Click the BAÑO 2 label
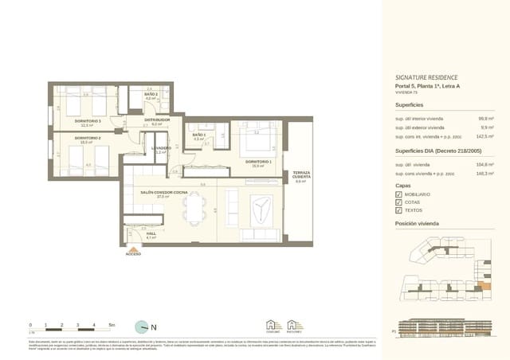pos(151,95)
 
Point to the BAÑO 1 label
pos(198,135)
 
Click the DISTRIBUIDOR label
pos(157,120)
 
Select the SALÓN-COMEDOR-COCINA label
pos(163,192)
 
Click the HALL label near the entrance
pos(151,233)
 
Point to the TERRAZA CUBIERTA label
pos(300,175)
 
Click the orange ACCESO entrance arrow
pos(133,248)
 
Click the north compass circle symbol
pos(141,326)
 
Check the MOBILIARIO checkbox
pos(399,194)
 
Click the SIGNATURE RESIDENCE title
pos(426,77)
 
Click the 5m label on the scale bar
pos(112,325)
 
